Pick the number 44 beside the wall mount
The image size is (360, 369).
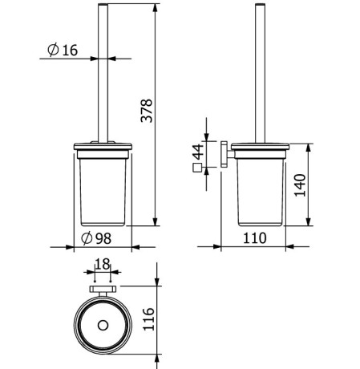197,150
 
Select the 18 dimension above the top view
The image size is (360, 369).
103,263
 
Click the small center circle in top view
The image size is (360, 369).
103,326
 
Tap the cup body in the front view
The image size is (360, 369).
102,189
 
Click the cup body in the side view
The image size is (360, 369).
262,189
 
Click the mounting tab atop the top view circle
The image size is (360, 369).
103,290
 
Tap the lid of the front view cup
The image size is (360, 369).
102,148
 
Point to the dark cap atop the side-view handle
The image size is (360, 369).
262,6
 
